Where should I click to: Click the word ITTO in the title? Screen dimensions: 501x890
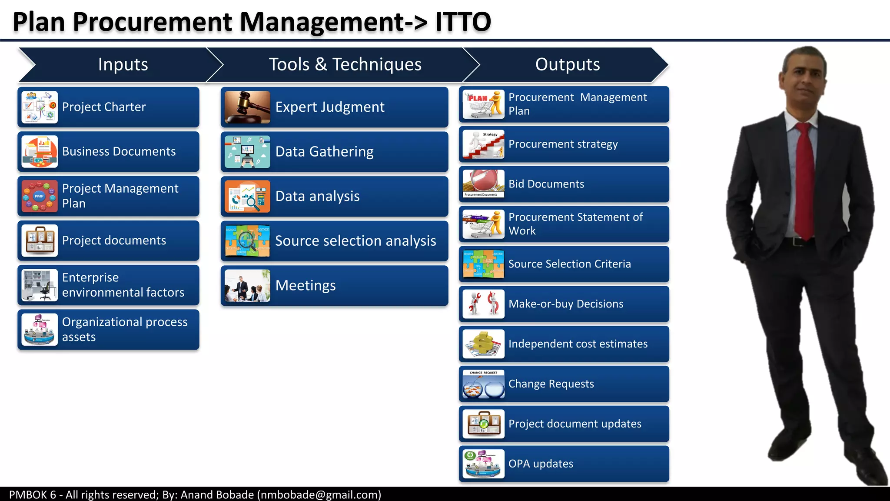[x=463, y=22]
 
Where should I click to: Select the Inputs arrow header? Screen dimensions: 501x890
[x=123, y=64]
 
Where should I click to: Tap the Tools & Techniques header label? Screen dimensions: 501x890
[x=345, y=64]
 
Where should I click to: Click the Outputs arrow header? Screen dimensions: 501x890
[x=567, y=64]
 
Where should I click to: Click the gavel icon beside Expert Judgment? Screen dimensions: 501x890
[x=247, y=107]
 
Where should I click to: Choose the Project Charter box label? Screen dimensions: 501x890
[x=104, y=107]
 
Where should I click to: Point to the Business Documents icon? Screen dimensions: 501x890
[x=40, y=151]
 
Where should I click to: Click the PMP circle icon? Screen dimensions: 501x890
[x=40, y=196]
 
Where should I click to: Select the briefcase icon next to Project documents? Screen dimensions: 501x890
[x=40, y=240]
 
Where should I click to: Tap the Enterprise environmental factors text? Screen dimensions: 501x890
[x=123, y=285]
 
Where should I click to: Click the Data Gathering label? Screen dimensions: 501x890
[x=324, y=152]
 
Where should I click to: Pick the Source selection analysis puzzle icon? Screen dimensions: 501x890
[x=247, y=240]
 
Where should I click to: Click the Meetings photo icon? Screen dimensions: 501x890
[x=247, y=285]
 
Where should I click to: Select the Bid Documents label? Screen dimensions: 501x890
[x=546, y=184]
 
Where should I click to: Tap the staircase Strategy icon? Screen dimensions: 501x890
[x=483, y=144]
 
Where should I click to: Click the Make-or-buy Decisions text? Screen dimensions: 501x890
[x=566, y=304]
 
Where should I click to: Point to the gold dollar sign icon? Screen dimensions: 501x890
[x=483, y=344]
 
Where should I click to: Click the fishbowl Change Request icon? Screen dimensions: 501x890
[x=483, y=384]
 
